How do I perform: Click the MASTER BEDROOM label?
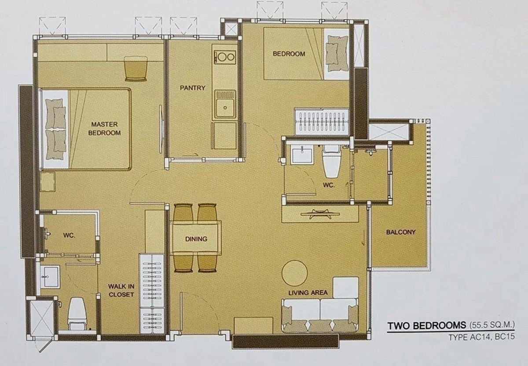[x=104, y=129]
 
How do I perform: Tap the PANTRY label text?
[x=193, y=88]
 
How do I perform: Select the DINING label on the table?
[x=196, y=239]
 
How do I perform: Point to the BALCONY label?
[x=401, y=232]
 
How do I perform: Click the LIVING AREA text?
[x=308, y=292]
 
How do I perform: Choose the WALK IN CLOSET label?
[x=121, y=291]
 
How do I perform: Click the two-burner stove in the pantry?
[x=225, y=57]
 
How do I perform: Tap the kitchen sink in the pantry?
[x=225, y=104]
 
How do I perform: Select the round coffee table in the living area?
[x=294, y=273]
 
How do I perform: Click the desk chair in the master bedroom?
[x=136, y=69]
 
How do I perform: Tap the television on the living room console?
[x=320, y=214]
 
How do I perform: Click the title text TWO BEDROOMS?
[x=427, y=326]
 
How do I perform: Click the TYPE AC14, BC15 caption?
[x=481, y=337]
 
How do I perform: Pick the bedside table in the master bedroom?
[x=48, y=182]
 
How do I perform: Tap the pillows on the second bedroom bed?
[x=337, y=53]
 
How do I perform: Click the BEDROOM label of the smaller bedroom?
[x=289, y=54]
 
